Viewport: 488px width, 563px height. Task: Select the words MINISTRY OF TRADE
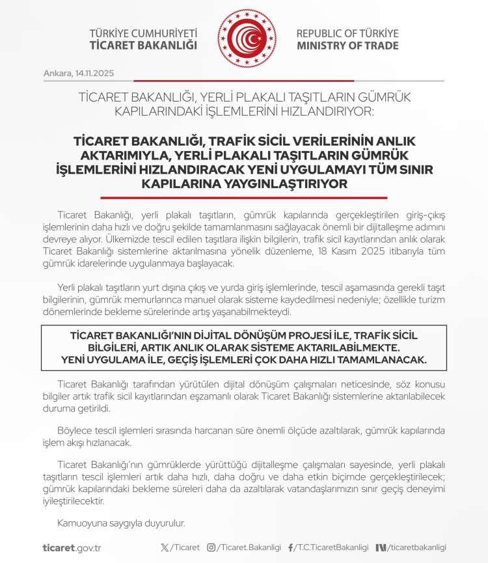(x=347, y=46)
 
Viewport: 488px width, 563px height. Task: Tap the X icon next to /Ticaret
(x=164, y=547)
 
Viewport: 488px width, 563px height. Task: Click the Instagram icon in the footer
(x=211, y=547)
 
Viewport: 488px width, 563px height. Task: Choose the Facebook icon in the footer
(x=290, y=547)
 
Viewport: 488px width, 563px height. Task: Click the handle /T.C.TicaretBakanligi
(x=332, y=547)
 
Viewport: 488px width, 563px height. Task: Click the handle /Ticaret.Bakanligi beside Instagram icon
(x=249, y=547)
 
